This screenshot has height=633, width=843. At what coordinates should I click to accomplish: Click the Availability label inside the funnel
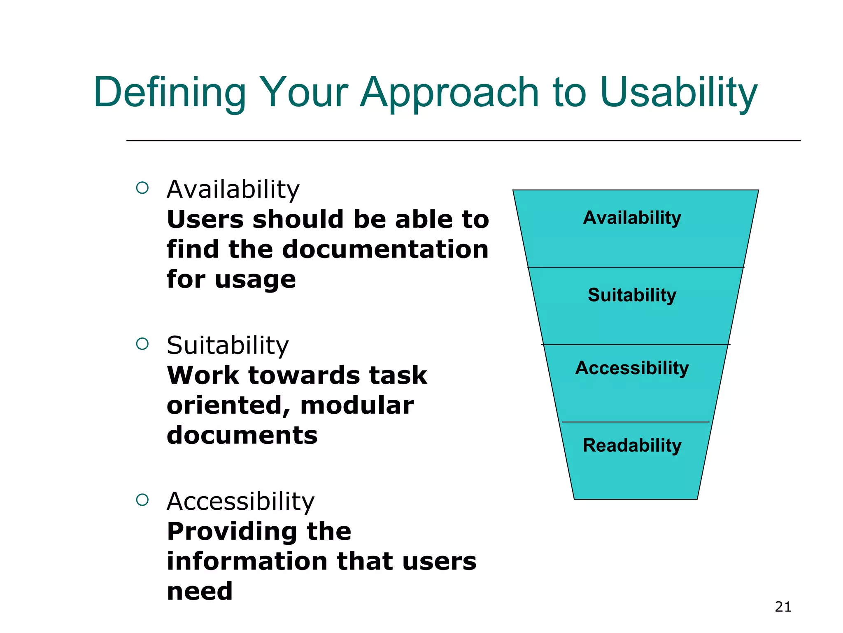pos(632,218)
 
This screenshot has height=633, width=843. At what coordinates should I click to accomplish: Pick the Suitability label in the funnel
pos(632,295)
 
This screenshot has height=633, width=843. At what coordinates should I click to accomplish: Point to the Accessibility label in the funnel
pos(632,368)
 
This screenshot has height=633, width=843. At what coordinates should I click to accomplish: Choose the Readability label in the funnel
pos(632,445)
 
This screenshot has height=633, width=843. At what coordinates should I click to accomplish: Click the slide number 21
pos(783,607)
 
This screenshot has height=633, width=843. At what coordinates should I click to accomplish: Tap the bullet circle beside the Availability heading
pos(142,188)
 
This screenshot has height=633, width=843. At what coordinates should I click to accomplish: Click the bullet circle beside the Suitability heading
pos(142,344)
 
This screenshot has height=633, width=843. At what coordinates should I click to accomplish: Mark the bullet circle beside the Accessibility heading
pos(142,500)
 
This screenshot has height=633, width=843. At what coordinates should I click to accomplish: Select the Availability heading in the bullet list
pos(233,190)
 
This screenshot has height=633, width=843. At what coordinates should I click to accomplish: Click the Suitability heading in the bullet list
pos(228,345)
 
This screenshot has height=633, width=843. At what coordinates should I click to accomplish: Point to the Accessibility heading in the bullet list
pos(240,502)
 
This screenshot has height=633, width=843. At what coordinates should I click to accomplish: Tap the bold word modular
pos(357,405)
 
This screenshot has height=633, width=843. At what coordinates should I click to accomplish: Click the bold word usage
pos(255,280)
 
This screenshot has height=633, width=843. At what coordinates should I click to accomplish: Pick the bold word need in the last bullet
pos(200,591)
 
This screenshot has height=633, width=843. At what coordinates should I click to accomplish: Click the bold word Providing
pos(231,532)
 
